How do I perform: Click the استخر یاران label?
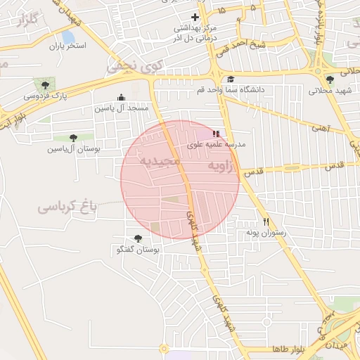coord(67,46)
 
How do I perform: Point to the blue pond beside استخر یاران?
coord(68,36)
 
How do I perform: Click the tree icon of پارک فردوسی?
coord(46,85)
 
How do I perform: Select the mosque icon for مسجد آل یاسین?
coord(121,98)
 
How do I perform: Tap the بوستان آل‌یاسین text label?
coord(74,149)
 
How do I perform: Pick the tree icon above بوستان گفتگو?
coord(138,238)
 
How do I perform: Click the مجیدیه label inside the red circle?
coord(161,162)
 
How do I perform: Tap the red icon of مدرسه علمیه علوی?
coord(216,133)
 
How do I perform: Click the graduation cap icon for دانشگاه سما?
coord(231,79)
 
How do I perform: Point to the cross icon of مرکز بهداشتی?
coord(195,17)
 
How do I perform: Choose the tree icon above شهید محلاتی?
coord(330,79)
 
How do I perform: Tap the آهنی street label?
coord(321,128)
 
